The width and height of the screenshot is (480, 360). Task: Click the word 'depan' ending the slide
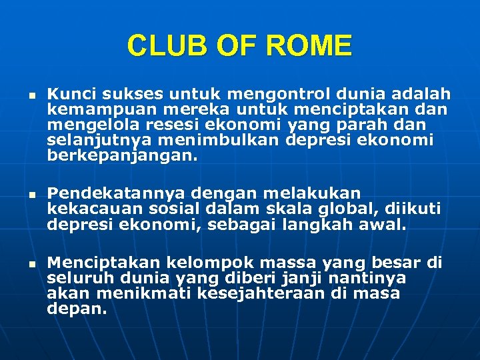pyautogui.click(x=74, y=309)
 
